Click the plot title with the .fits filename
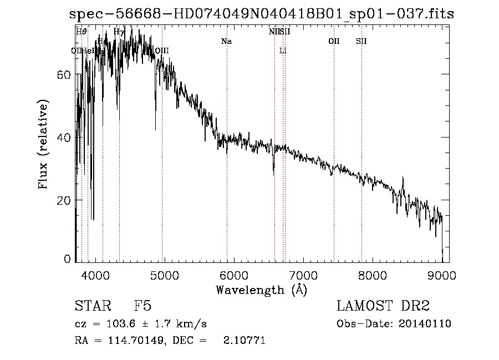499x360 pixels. click(262, 14)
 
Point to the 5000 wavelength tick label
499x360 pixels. click(165, 275)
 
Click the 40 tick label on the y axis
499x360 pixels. click(64, 137)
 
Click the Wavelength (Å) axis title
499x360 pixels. click(261, 290)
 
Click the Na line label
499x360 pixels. click(226, 41)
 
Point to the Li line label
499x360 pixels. click(283, 50)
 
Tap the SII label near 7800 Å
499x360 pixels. click(361, 41)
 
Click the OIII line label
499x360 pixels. click(161, 50)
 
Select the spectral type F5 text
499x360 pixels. click(142, 306)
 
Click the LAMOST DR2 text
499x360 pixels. click(383, 306)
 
